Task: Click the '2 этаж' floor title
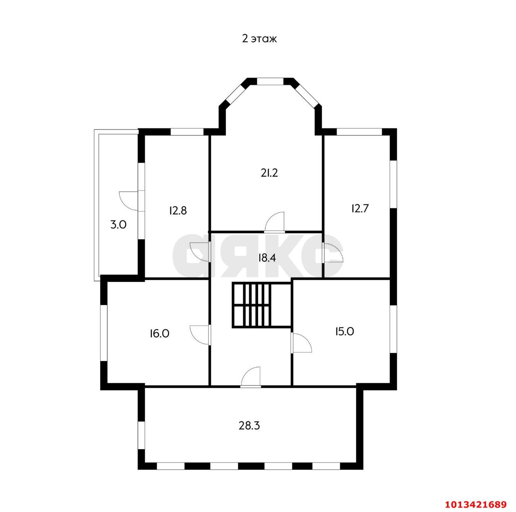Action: click(259, 39)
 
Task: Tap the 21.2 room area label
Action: click(269, 173)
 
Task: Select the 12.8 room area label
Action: click(178, 210)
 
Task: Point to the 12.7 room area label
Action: click(360, 208)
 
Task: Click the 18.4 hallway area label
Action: click(267, 258)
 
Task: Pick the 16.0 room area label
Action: click(159, 333)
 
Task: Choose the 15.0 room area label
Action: click(344, 332)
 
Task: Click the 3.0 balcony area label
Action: click(118, 225)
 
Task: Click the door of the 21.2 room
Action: click(274, 222)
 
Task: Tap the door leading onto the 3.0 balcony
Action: click(129, 201)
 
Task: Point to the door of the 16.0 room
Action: click(200, 335)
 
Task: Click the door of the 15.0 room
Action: click(302, 343)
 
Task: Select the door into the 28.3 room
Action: click(251, 377)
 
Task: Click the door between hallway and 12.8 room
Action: click(200, 252)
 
